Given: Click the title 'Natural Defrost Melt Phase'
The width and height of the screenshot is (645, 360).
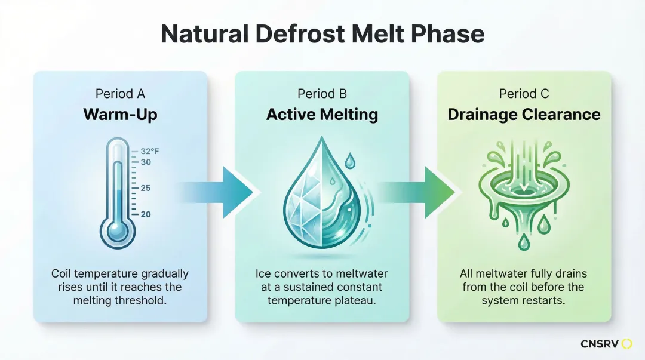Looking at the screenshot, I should (x=322, y=35).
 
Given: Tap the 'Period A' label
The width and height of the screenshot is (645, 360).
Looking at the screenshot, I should (x=120, y=94).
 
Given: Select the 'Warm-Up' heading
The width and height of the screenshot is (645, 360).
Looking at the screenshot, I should (x=120, y=114).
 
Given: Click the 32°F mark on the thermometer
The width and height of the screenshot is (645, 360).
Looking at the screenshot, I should (x=149, y=152).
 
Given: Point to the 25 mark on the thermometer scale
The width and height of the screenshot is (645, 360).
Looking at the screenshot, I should (x=145, y=188).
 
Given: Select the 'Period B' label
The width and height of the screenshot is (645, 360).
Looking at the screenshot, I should (x=322, y=94).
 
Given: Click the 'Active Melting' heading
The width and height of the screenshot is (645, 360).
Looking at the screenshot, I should (x=322, y=114).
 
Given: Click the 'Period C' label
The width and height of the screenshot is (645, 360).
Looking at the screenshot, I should (x=524, y=94).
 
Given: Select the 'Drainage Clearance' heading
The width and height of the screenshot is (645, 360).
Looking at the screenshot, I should (x=524, y=114).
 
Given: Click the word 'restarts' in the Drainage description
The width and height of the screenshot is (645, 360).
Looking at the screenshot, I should (x=545, y=300).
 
